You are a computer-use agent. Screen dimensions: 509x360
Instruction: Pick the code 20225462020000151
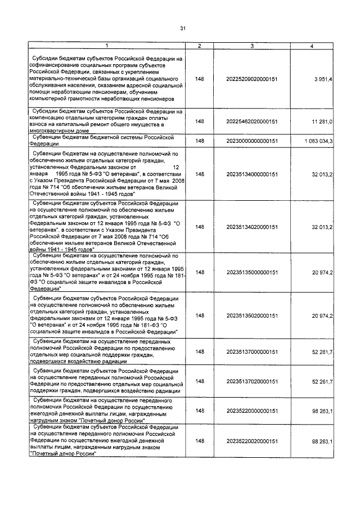(252, 121)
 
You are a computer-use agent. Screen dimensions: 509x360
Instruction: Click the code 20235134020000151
(252, 227)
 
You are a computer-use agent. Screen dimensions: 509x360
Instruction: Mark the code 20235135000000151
(252, 272)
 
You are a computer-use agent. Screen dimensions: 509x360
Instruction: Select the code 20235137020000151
(252, 381)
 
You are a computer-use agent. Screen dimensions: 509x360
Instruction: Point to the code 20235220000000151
(252, 411)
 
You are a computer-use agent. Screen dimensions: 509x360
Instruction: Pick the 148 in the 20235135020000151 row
(199, 316)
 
